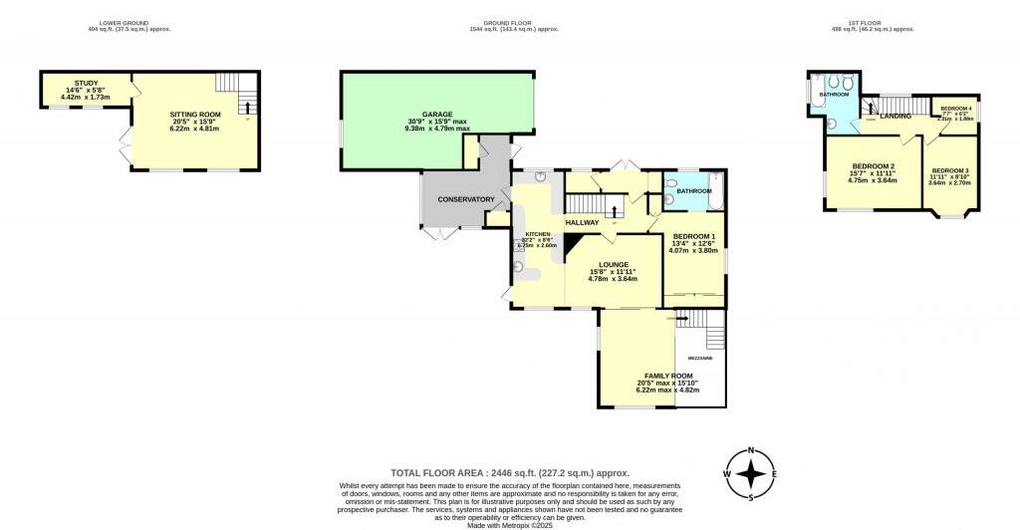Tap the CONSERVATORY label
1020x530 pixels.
tap(466, 199)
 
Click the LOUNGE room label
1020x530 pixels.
tap(614, 264)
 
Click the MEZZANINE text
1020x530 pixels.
tap(700, 357)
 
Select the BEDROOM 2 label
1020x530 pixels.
tap(872, 166)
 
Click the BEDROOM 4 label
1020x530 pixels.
tap(955, 108)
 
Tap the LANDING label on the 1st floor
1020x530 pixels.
tap(894, 117)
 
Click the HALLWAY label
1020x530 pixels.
tap(582, 222)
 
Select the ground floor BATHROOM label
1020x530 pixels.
tap(694, 190)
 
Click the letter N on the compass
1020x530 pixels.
tap(753, 450)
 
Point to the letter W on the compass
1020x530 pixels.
tap(728, 473)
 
